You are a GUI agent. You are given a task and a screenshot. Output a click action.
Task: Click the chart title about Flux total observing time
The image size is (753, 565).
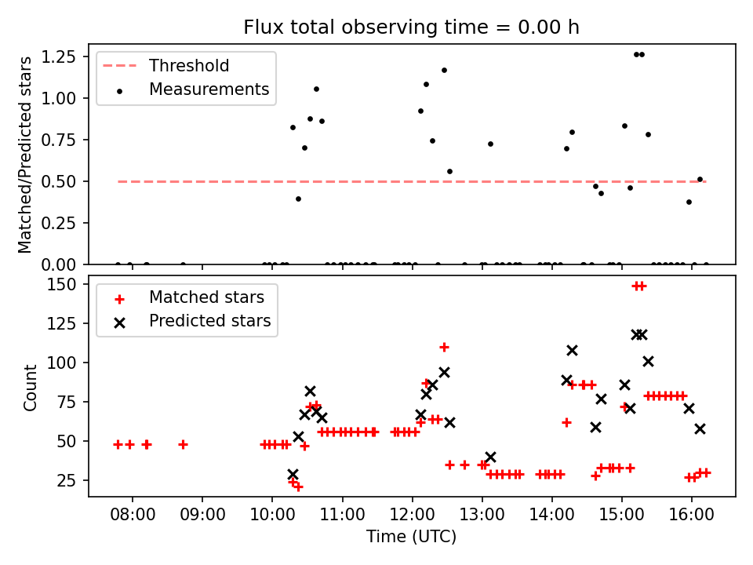(x=412, y=27)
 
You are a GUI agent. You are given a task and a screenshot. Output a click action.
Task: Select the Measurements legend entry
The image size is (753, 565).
(x=209, y=89)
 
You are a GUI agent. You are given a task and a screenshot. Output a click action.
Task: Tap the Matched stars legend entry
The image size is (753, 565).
(x=206, y=297)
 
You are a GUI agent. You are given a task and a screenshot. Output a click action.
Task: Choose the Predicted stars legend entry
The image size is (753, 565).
(x=209, y=321)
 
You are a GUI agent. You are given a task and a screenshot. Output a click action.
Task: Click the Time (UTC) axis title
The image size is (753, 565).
(x=411, y=538)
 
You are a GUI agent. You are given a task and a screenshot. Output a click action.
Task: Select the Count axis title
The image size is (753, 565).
(x=31, y=387)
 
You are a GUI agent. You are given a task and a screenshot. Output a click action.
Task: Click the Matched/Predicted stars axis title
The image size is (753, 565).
(x=26, y=155)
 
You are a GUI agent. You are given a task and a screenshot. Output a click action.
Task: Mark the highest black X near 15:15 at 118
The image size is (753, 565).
(x=639, y=334)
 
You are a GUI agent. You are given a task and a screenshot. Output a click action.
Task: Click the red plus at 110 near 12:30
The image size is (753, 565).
(x=444, y=347)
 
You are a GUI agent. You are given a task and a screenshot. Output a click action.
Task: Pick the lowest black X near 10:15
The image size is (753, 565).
(x=293, y=475)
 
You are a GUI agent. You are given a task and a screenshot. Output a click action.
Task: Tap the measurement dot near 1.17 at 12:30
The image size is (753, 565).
(x=444, y=70)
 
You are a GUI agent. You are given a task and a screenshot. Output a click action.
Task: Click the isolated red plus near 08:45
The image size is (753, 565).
(x=183, y=444)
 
